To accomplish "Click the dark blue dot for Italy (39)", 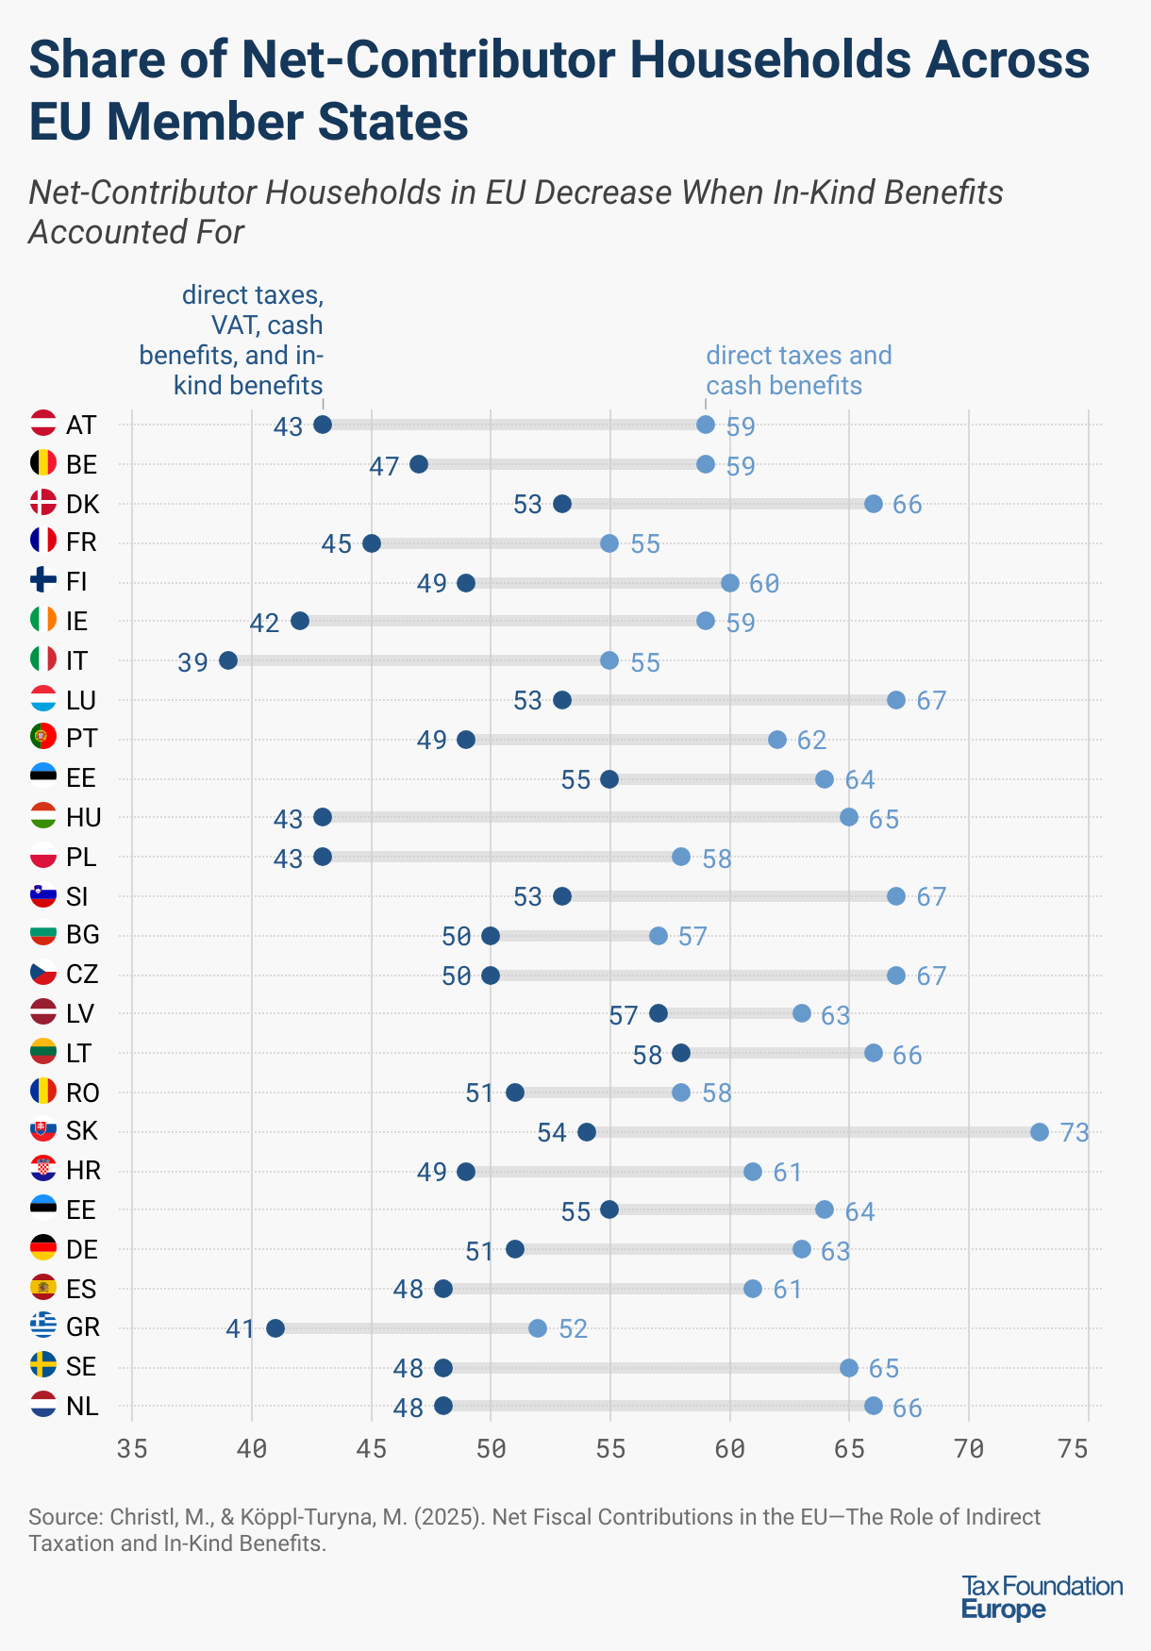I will click(228, 660).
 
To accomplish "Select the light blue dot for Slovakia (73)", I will click(1040, 1132).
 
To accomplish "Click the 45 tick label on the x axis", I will click(372, 1448).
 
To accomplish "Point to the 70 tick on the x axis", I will click(969, 1448).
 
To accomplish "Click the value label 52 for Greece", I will click(573, 1329).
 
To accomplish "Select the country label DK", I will click(83, 504).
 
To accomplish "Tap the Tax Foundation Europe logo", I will click(1042, 1597).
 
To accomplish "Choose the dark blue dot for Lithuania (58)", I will click(681, 1053).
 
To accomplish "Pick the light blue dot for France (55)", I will click(609, 543).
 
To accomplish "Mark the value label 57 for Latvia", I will click(624, 1016).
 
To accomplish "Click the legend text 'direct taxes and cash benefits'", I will click(798, 370).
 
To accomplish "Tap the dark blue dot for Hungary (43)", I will click(323, 817).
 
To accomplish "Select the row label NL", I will click(82, 1406).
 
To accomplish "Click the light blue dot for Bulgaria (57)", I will click(659, 936).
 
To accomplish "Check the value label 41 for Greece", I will click(241, 1329).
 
